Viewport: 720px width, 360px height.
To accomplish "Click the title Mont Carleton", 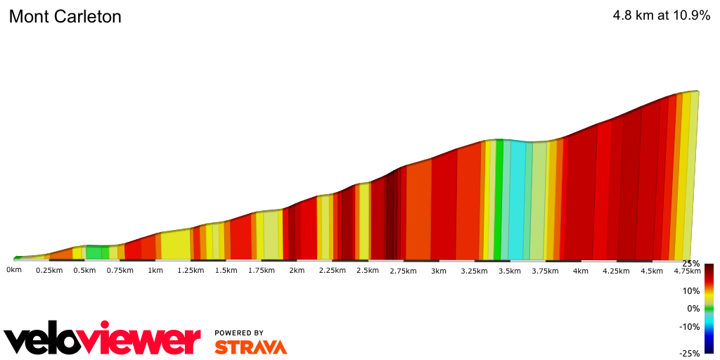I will tap(65, 17).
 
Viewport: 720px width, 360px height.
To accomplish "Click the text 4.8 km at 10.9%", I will tap(662, 15).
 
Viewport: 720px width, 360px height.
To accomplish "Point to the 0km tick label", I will tap(14, 270).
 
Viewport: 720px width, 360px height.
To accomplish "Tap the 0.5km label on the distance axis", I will tap(84, 271).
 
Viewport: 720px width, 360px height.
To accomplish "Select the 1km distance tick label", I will tap(155, 271).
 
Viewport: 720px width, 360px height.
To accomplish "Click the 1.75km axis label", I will tap(262, 271).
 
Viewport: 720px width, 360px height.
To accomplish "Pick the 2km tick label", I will tap(297, 271).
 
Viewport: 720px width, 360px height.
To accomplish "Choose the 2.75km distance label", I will tap(403, 271).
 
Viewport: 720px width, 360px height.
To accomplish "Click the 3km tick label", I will tap(439, 271).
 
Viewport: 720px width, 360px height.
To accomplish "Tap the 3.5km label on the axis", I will tap(509, 271).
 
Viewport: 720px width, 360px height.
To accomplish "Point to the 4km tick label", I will tap(580, 271).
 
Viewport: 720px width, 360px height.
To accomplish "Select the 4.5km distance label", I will tap(651, 271).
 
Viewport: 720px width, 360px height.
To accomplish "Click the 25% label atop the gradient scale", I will tap(691, 264).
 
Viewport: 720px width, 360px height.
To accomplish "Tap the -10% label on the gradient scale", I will tap(690, 326).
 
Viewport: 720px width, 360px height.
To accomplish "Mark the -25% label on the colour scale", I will tap(690, 353).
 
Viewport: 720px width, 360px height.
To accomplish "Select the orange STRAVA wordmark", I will tap(250, 347).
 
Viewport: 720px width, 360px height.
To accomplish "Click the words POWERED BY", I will tap(239, 333).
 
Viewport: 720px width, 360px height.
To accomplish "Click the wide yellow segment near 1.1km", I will tap(176, 246).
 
